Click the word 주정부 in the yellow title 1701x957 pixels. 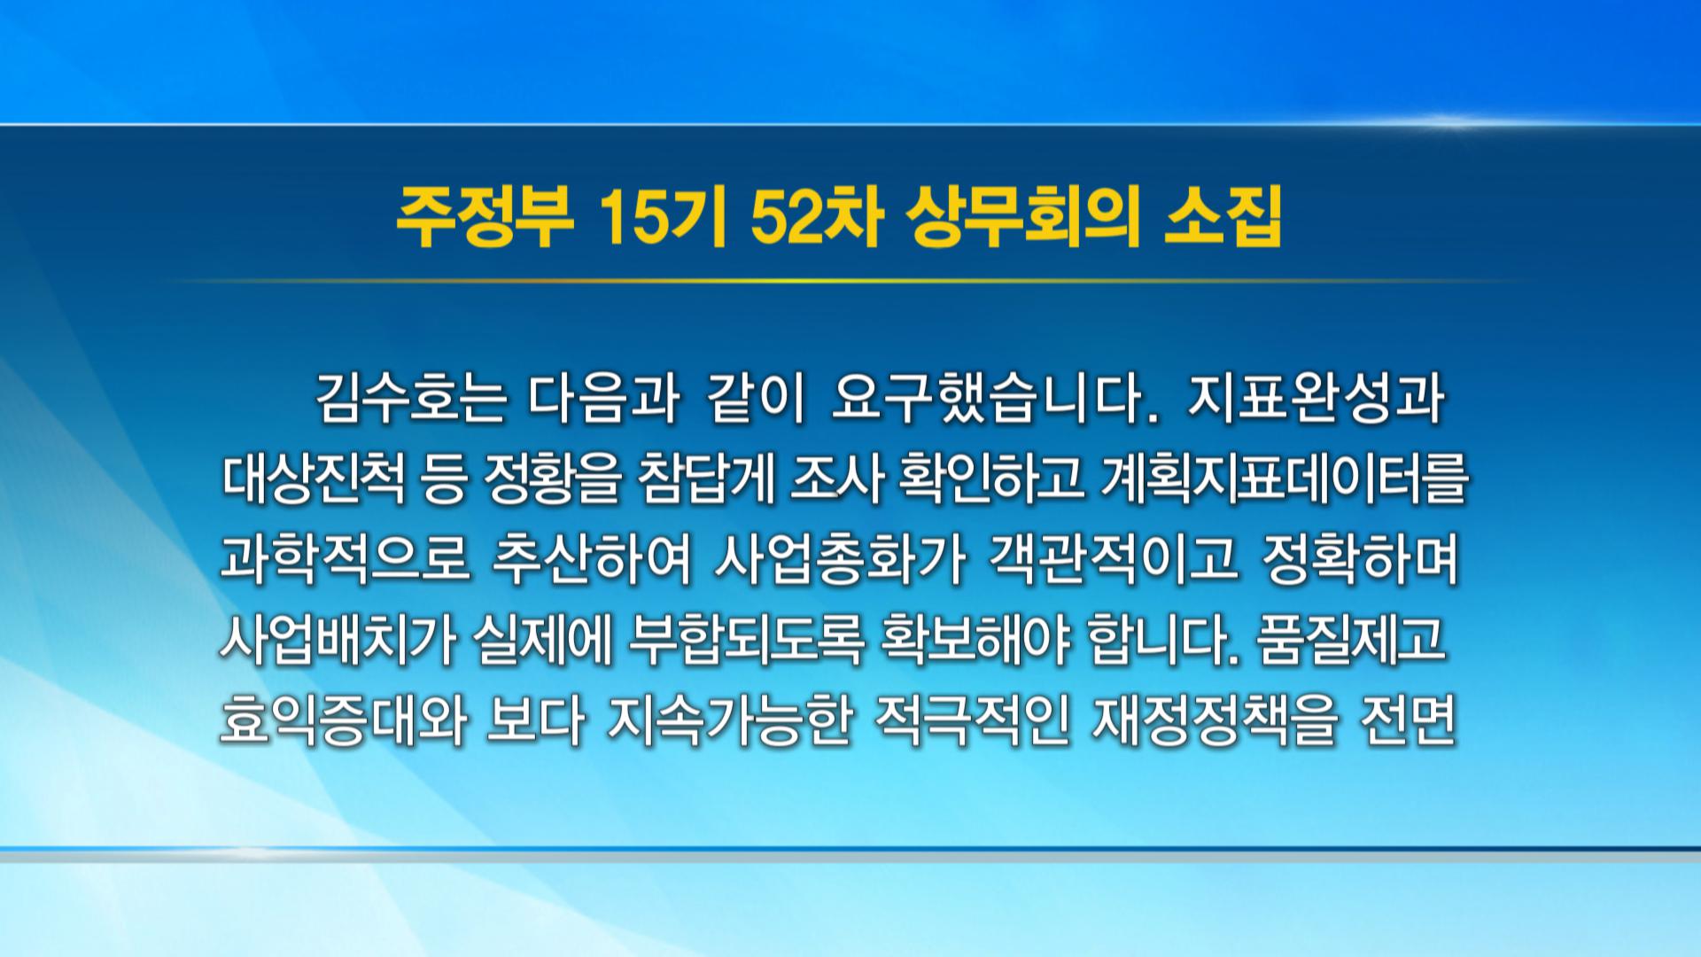click(x=485, y=217)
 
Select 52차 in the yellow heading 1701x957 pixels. click(x=815, y=217)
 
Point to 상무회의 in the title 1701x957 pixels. click(x=1022, y=217)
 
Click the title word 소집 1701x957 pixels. click(x=1223, y=217)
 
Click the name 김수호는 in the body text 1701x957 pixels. click(x=411, y=399)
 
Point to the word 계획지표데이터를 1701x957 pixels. click(x=1284, y=479)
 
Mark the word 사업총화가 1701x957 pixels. click(x=838, y=560)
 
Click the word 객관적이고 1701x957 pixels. click(x=1113, y=560)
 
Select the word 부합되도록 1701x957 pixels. click(x=745, y=640)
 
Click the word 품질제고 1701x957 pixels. click(x=1351, y=640)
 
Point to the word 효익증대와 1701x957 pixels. click(x=344, y=720)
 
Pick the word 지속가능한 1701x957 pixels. click(x=729, y=720)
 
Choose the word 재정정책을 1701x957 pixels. click(x=1215, y=720)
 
